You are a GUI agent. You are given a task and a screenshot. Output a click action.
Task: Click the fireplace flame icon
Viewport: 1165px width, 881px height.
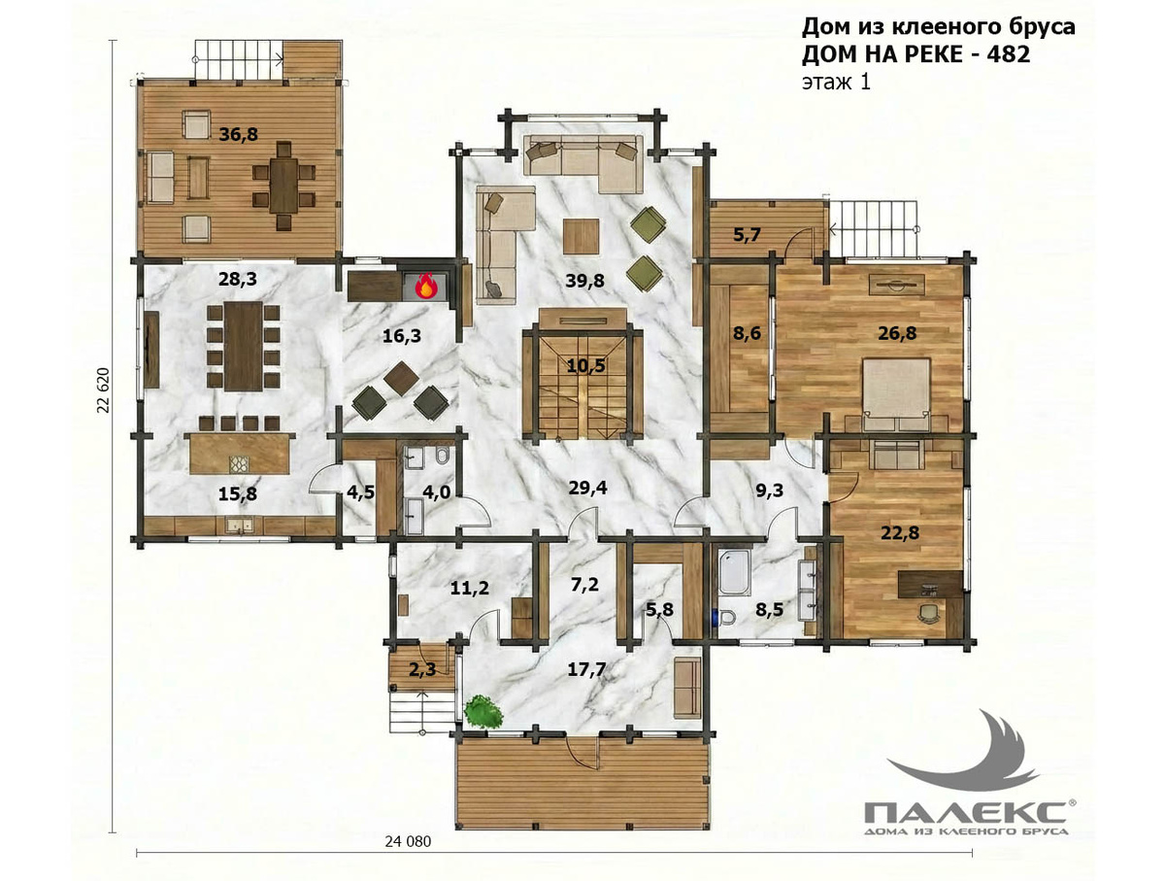pos(424,287)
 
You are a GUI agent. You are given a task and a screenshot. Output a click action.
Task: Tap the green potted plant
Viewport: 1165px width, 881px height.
pos(483,712)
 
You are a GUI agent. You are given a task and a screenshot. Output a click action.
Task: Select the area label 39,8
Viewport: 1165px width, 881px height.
pos(584,281)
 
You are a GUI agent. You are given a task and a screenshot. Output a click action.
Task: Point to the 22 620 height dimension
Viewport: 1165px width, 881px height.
pos(103,390)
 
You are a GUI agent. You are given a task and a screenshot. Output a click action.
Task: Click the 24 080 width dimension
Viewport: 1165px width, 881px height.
pos(408,841)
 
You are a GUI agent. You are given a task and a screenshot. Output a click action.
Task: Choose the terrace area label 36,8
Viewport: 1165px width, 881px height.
pos(238,134)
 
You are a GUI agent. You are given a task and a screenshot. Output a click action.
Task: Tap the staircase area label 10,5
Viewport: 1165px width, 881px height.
pos(586,365)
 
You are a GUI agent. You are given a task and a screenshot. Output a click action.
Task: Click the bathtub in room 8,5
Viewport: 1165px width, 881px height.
pos(734,572)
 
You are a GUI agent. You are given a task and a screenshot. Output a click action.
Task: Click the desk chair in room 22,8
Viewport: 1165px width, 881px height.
pos(928,612)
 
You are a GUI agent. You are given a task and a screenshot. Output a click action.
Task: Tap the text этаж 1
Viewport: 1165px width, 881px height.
pos(836,83)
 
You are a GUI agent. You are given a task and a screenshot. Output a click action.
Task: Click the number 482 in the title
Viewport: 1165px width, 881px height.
pos(1008,54)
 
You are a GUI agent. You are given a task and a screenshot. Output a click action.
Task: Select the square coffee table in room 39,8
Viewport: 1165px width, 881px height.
pos(582,236)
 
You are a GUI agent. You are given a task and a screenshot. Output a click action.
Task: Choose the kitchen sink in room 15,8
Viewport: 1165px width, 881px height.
pos(240,525)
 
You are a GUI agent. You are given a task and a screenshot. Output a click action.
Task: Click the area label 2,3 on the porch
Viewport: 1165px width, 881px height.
pos(422,669)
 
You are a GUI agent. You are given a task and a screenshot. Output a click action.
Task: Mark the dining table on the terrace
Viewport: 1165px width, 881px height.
pos(284,186)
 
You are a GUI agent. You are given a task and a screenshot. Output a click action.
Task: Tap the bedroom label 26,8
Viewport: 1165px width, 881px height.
pos(897,333)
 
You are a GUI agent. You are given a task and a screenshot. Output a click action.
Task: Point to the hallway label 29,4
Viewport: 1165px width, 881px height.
pos(587,488)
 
